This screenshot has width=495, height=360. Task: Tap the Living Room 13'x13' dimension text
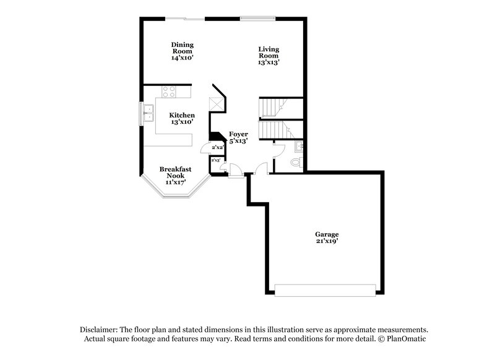(x=269, y=62)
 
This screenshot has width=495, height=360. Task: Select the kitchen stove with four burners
(x=170, y=92)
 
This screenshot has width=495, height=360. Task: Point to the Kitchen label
(x=183, y=115)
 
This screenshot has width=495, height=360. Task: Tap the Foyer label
(x=238, y=134)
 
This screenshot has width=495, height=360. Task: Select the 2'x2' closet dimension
(x=217, y=148)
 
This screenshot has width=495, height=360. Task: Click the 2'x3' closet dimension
(x=216, y=161)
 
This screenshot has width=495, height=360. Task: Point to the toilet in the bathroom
(x=295, y=163)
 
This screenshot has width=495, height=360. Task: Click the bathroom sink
(x=299, y=147)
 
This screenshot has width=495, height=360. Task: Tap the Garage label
(x=327, y=234)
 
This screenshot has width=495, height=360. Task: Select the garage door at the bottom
(x=325, y=289)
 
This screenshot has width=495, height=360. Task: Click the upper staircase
(x=272, y=108)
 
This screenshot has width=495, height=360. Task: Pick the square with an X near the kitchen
(x=216, y=104)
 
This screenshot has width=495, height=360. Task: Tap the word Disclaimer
(x=98, y=330)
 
